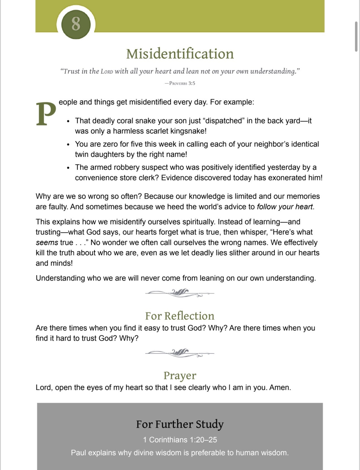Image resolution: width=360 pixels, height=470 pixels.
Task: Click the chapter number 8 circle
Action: click(76, 24)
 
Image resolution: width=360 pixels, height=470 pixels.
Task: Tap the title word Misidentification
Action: click(180, 54)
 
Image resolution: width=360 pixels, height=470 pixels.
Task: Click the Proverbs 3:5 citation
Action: click(180, 83)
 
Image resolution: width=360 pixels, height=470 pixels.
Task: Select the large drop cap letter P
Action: click(46, 114)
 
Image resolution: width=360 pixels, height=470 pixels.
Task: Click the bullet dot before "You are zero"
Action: click(68, 144)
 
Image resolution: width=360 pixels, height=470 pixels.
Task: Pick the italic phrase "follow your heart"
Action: click(285, 207)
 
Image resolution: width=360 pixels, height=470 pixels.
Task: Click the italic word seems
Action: click(47, 242)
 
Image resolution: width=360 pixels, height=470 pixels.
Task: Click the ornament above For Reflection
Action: click(180, 293)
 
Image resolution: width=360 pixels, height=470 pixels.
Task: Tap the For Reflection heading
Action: click(180, 316)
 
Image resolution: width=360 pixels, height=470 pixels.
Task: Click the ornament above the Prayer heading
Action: click(180, 353)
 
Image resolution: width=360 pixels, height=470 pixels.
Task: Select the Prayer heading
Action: click(180, 376)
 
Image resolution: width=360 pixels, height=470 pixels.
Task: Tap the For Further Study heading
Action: click(180, 424)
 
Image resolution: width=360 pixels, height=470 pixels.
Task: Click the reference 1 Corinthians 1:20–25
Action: click(180, 440)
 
